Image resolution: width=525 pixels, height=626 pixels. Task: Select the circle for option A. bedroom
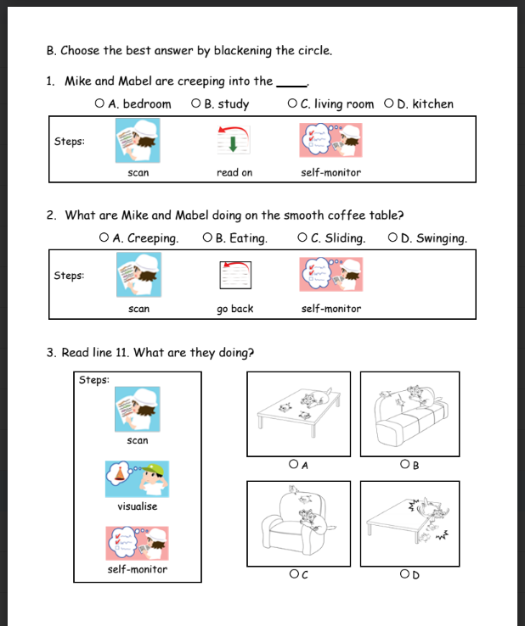100,104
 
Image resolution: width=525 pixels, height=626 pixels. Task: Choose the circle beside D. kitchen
389,104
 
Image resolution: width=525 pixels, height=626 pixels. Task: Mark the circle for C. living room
292,104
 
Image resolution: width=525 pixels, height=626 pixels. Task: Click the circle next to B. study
196,104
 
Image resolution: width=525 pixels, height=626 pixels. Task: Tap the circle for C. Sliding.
304,238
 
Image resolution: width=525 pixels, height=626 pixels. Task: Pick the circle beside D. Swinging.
392,238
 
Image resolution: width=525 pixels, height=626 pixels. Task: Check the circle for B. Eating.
208,238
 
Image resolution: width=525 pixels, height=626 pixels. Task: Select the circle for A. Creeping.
104,238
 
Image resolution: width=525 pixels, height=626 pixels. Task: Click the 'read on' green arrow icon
234,140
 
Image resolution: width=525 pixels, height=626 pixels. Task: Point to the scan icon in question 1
138,140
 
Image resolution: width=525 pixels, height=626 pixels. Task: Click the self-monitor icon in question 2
330,275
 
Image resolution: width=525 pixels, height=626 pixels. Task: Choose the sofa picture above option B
410,411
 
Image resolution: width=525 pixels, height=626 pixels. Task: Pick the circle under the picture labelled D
405,575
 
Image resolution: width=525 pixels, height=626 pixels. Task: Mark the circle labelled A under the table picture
292,465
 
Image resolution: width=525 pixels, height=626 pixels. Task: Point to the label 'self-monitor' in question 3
137,569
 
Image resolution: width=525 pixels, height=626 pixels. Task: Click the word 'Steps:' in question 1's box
70,141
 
